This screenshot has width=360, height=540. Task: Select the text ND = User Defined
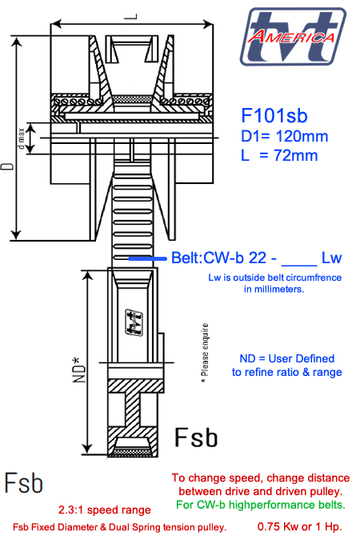pos(286,358)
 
